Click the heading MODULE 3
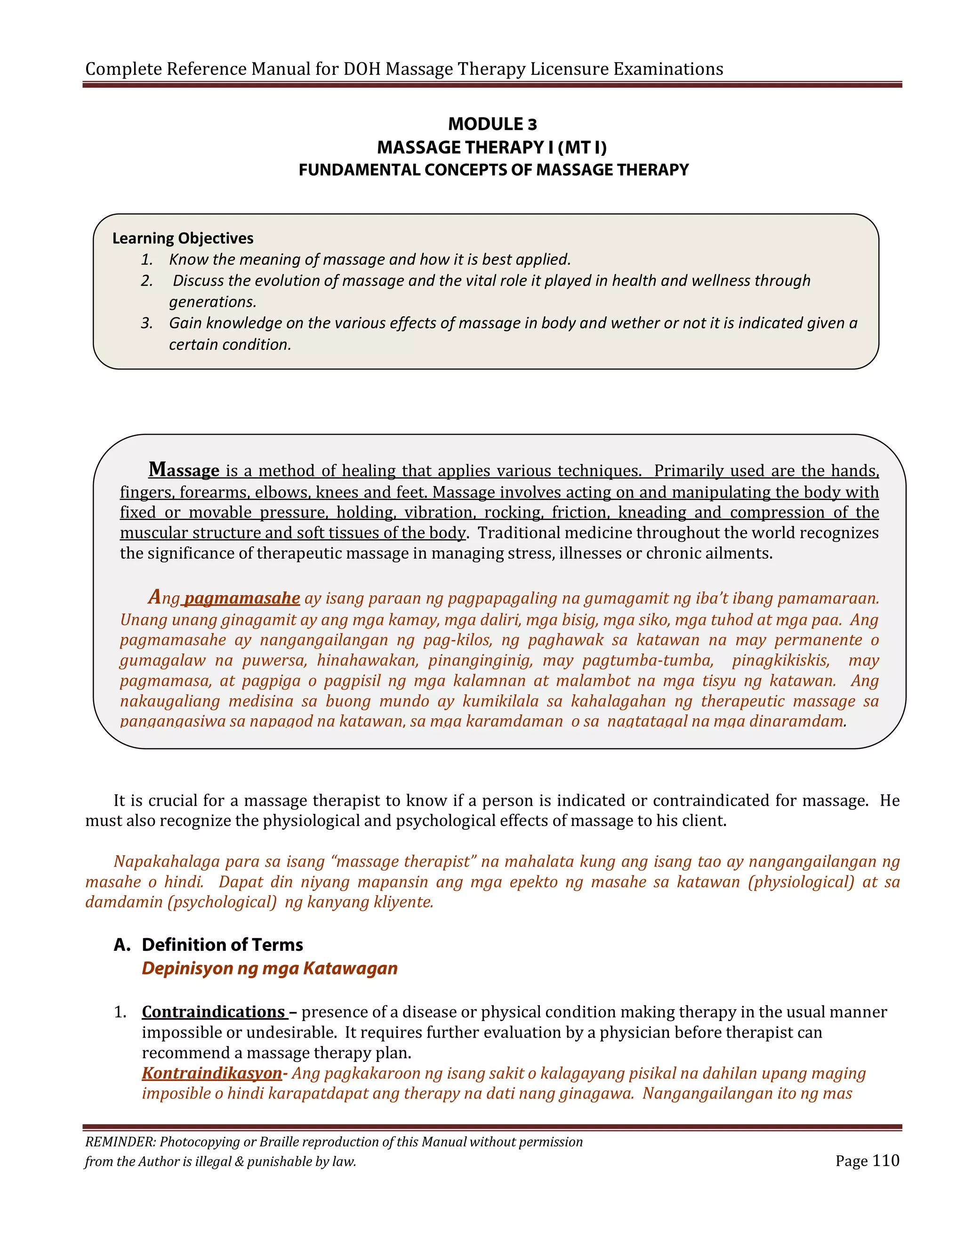492,124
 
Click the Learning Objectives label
182,238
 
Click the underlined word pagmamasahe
242,598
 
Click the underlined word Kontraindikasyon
212,1073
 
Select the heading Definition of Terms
222,945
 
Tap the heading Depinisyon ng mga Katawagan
270,969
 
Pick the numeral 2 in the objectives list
146,281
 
